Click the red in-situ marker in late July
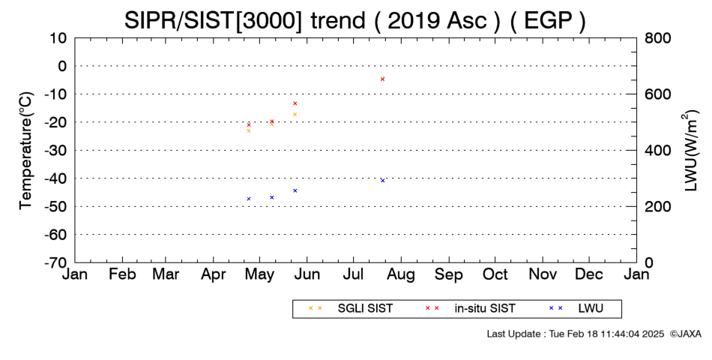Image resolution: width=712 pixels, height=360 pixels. tap(382, 79)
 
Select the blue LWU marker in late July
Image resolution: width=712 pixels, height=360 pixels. tap(382, 181)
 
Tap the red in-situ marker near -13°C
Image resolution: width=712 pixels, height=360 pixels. tap(295, 103)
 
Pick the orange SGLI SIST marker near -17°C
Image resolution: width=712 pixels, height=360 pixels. tap(295, 114)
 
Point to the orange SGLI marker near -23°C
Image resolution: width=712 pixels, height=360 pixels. tap(248, 131)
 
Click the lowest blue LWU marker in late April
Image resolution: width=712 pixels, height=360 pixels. tap(248, 199)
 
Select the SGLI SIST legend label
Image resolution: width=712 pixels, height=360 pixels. tap(365, 309)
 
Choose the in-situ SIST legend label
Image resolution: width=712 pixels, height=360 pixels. tap(485, 309)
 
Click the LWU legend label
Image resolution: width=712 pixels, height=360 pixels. tap(591, 309)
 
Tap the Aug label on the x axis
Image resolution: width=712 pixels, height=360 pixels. tap(401, 275)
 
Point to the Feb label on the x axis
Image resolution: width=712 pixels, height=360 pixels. tap(122, 274)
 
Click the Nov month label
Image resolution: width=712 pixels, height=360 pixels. tap(543, 274)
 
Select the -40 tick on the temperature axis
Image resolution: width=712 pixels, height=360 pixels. tap(55, 178)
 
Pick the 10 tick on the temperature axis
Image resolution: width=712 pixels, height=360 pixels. tap(59, 38)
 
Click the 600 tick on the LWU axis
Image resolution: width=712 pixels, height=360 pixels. tap(658, 94)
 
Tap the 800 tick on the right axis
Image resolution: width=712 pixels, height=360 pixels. tap(658, 38)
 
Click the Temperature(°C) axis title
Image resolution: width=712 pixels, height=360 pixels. tap(26, 151)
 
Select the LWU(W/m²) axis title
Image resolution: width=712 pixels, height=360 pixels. tap(690, 151)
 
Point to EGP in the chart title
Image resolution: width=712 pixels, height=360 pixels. tap(548, 20)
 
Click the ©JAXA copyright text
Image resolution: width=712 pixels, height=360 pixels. tap(686, 334)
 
